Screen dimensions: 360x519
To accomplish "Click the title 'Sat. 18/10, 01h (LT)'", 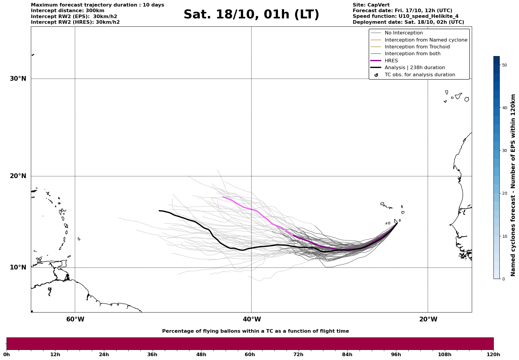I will pyautogui.click(x=251, y=15).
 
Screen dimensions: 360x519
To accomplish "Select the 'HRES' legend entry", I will pyautogui.click(x=391, y=61).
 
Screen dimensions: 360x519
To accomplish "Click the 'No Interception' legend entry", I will pyautogui.click(x=404, y=33).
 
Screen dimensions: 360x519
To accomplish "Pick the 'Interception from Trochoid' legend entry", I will pyautogui.click(x=417, y=47).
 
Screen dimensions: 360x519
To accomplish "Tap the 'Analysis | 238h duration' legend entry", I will pyautogui.click(x=414, y=68).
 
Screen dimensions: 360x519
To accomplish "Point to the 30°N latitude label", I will pyautogui.click(x=18, y=79).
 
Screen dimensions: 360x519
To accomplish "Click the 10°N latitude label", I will pyautogui.click(x=18, y=267).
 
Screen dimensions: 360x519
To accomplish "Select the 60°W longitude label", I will pyautogui.click(x=75, y=319).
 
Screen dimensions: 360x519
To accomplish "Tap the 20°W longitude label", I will pyautogui.click(x=428, y=319).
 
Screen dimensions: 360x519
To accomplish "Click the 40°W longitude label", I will pyautogui.click(x=251, y=319).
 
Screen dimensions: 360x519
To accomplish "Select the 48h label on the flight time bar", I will pyautogui.click(x=201, y=355).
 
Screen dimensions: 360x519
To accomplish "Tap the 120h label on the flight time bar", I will pyautogui.click(x=493, y=355).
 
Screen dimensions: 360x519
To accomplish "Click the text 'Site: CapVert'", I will pyautogui.click(x=371, y=5).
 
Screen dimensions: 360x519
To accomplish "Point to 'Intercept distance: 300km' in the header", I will pyautogui.click(x=67, y=11).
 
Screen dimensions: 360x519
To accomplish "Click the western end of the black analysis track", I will pyautogui.click(x=159, y=211).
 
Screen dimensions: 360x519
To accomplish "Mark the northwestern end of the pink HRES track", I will pyautogui.click(x=223, y=197).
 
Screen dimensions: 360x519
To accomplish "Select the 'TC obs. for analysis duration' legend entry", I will pyautogui.click(x=420, y=75).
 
